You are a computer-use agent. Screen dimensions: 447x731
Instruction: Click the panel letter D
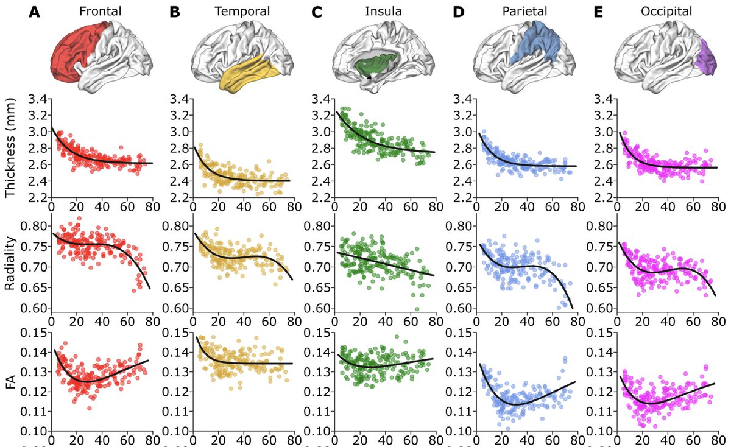click(x=459, y=12)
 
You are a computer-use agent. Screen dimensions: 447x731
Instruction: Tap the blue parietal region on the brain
click(x=536, y=46)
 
